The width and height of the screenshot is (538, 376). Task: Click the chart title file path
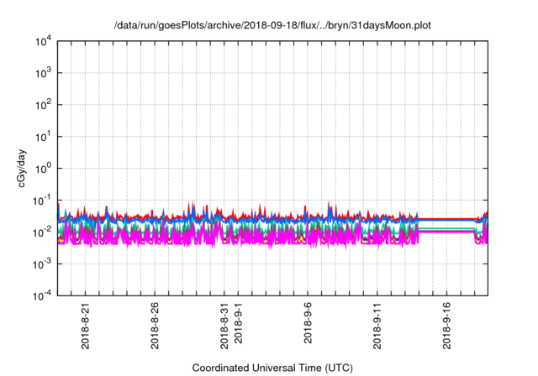(x=273, y=24)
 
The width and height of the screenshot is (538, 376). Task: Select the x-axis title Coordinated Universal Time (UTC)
(x=273, y=368)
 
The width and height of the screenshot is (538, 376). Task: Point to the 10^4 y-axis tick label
(x=41, y=41)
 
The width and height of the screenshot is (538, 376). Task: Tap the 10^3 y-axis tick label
(x=41, y=73)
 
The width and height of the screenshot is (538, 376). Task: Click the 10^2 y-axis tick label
(x=41, y=105)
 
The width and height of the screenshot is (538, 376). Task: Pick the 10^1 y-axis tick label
(x=41, y=136)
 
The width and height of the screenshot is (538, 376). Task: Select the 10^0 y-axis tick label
(x=41, y=168)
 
